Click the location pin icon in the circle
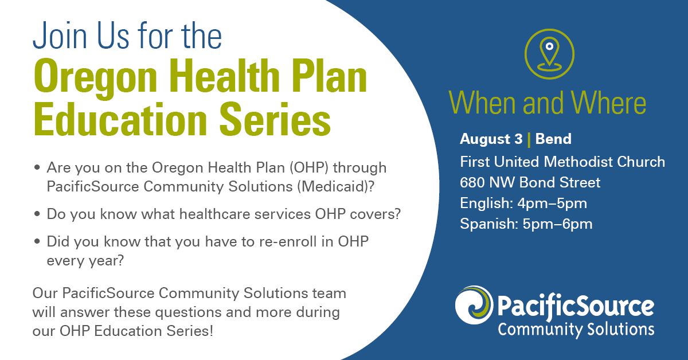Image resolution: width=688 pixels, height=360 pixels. point(549,54)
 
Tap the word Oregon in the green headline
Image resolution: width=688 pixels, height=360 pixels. point(96,77)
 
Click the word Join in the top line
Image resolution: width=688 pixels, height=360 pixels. point(60,36)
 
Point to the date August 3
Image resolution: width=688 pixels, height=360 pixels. point(491,139)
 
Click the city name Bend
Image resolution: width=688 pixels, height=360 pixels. point(553,139)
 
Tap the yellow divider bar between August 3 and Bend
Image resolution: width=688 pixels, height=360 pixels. point(529,139)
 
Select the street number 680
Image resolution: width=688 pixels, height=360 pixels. point(472,182)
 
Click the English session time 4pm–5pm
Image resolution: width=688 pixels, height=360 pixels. point(552,204)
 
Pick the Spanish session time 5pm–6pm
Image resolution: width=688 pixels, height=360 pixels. point(557,224)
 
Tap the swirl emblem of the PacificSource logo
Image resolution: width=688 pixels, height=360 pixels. point(474,305)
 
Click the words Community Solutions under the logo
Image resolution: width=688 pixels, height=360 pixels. point(576,330)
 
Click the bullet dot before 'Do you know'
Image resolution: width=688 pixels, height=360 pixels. point(37,213)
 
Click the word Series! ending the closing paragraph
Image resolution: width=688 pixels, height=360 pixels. point(190,331)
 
